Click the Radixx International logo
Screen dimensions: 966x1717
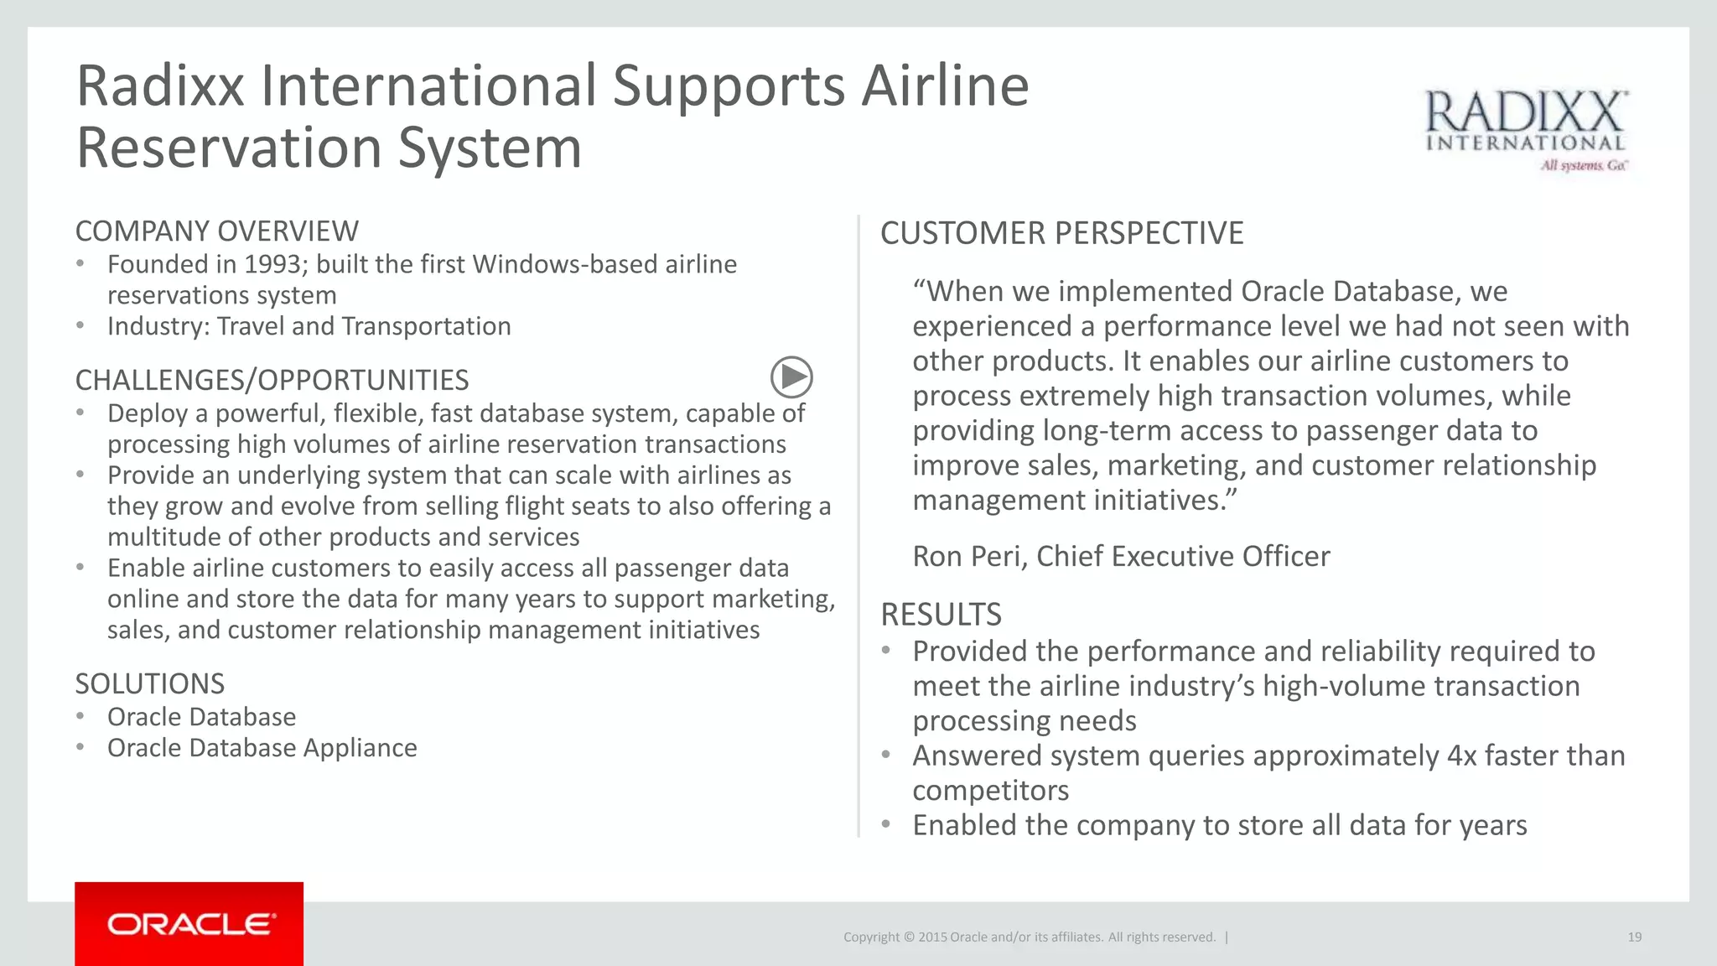coord(1526,131)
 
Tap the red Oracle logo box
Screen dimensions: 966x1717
coord(189,923)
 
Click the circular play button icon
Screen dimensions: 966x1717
coord(791,377)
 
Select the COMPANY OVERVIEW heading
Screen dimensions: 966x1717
coord(216,231)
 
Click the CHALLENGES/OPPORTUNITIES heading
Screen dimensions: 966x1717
coord(272,381)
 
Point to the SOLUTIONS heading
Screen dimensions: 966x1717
coord(149,684)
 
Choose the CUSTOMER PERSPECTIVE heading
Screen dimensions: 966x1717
coord(1061,233)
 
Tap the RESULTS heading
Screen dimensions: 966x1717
coord(941,615)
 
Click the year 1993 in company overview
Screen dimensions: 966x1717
coord(272,265)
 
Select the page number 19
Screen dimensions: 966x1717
coord(1634,937)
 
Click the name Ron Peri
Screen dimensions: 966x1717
coord(967,557)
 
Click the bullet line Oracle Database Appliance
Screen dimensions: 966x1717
coord(262,748)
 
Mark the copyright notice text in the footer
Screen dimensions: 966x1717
coord(1029,937)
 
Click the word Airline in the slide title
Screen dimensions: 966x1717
coord(945,86)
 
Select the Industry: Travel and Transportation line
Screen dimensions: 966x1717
coord(309,326)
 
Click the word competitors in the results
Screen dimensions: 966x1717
coord(990,791)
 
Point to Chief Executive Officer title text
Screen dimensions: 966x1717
coord(1182,557)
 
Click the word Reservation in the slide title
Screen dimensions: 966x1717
coord(229,148)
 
